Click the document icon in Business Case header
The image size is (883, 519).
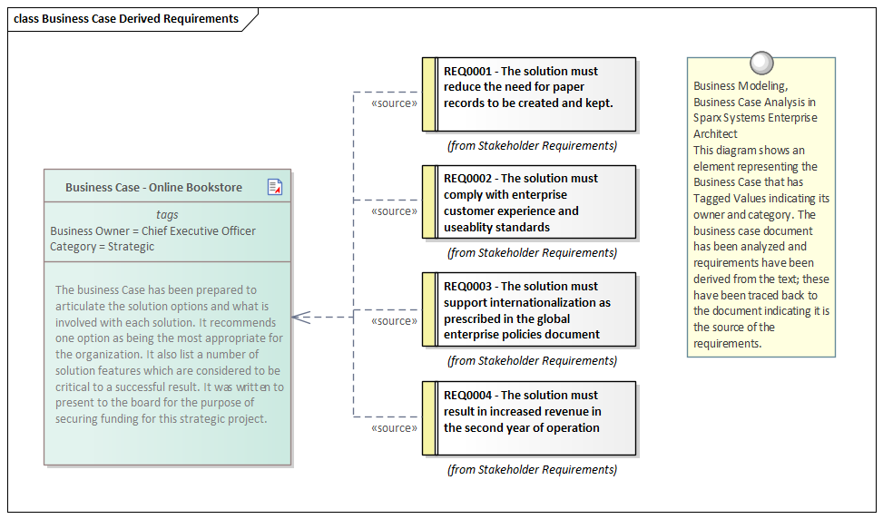[x=275, y=187]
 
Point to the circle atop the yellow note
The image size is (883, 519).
[x=761, y=63]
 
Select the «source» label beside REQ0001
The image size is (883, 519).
[x=394, y=103]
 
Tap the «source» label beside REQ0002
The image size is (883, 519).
[x=394, y=211]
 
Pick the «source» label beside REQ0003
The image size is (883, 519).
[x=394, y=320]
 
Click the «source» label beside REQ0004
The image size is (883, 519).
[x=394, y=427]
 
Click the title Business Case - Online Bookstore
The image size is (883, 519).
[x=153, y=187]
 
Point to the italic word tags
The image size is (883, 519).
[x=167, y=215]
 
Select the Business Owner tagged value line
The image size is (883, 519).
[x=152, y=230]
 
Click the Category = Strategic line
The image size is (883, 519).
[x=103, y=246]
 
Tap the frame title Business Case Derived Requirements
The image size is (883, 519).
[x=126, y=19]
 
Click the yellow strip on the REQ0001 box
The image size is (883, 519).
[x=429, y=94]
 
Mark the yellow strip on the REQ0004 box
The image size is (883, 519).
[x=429, y=418]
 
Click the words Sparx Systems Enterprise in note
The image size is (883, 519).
[x=755, y=118]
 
